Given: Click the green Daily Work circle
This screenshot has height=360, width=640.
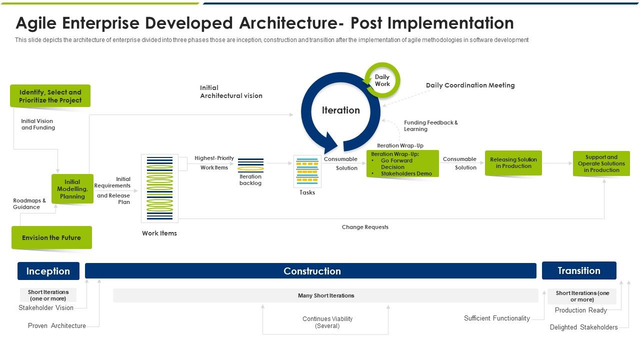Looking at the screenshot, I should tap(382, 80).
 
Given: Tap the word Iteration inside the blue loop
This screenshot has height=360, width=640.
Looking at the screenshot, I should tap(340, 110).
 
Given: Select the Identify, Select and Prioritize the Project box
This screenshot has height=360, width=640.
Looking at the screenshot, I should tap(50, 96).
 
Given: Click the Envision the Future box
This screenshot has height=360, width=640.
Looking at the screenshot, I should tap(51, 237).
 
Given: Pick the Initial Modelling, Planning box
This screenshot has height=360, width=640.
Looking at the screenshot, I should tap(72, 189).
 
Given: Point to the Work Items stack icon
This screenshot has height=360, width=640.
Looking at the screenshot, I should tap(159, 188).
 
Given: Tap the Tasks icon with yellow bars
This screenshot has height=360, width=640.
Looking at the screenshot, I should tap(307, 171).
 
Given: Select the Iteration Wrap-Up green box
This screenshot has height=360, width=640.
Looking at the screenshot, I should tap(402, 164).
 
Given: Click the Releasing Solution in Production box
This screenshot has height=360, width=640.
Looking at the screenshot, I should tap(513, 163).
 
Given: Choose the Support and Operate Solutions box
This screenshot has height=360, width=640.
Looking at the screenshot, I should tap(601, 163).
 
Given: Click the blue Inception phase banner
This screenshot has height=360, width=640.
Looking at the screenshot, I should tap(48, 271).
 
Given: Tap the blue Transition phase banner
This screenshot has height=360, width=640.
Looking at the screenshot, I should tap(578, 270).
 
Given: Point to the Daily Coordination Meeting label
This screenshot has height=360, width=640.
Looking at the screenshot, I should tap(470, 85).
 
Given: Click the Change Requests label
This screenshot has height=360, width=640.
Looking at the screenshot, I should tap(365, 227).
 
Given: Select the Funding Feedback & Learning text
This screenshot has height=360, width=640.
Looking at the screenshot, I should tap(430, 125).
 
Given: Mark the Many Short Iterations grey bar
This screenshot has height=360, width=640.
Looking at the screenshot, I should tap(325, 295).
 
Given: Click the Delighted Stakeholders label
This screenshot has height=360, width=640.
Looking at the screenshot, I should tap(583, 327).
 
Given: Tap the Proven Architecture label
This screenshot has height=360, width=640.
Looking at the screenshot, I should tap(57, 325).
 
